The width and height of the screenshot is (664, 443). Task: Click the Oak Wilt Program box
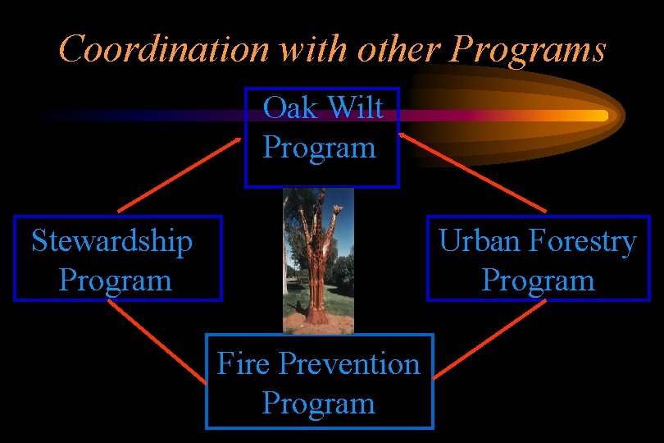[x=321, y=137]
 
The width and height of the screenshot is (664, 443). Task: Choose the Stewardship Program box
[x=117, y=258]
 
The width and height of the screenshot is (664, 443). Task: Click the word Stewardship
[x=112, y=241]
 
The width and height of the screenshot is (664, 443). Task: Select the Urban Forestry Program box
[x=537, y=258]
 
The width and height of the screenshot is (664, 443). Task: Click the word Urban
[x=480, y=242]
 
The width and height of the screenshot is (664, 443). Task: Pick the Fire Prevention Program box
[x=319, y=381]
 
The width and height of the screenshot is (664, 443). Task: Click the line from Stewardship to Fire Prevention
[x=157, y=342]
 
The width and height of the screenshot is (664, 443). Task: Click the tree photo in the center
[x=318, y=260]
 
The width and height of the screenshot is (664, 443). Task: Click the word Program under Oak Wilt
[x=319, y=148]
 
